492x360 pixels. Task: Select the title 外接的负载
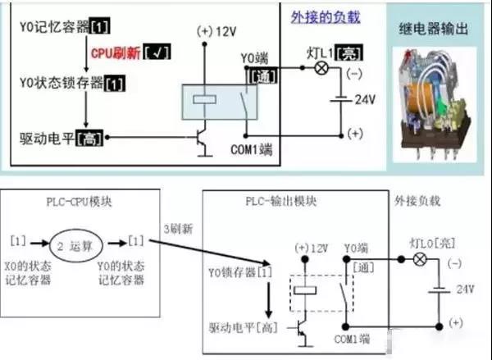pyautogui.click(x=326, y=16)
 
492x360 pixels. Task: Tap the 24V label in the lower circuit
pyautogui.click(x=465, y=289)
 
